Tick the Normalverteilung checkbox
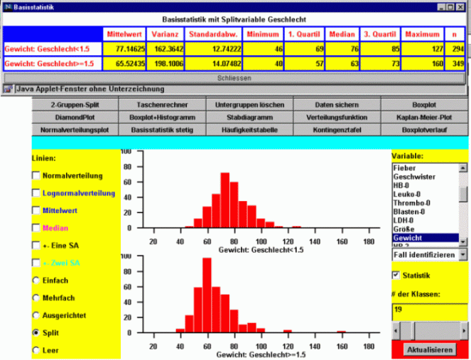[x=36, y=175]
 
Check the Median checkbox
[x=36, y=227]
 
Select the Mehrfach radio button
[x=36, y=298]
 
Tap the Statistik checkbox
[x=396, y=275]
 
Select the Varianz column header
[x=166, y=34]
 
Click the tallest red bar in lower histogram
[x=207, y=295]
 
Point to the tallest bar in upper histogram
[x=225, y=200]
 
